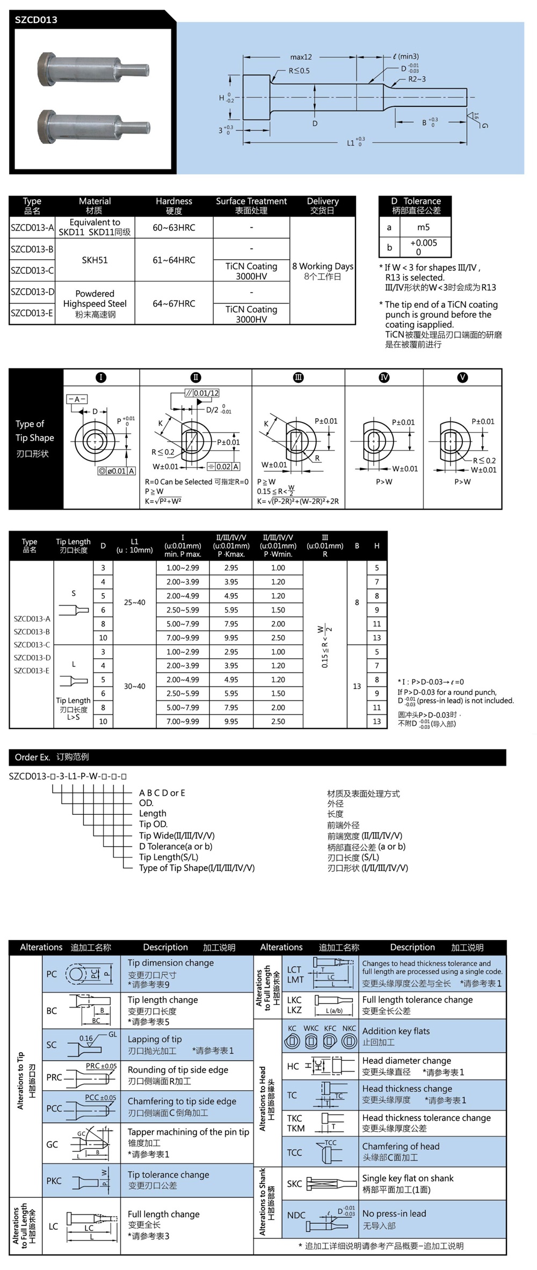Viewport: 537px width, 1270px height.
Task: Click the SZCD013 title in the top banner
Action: click(36, 20)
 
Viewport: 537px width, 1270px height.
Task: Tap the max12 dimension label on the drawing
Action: click(301, 57)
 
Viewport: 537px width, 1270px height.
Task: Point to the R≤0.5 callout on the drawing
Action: click(299, 71)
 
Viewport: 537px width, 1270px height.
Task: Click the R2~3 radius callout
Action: click(417, 79)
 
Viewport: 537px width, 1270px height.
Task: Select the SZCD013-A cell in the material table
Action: click(32, 228)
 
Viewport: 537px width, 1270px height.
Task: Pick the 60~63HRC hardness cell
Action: click(173, 228)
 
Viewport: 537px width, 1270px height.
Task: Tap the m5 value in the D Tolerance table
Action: click(423, 227)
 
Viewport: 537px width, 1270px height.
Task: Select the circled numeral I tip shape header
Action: click(101, 377)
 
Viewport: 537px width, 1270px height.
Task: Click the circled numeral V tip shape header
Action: click(462, 377)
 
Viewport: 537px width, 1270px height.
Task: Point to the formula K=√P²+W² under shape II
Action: click(163, 501)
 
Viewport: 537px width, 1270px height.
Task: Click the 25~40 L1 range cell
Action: click(134, 602)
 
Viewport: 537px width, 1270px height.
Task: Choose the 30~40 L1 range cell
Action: click(134, 686)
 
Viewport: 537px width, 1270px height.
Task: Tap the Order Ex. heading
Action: click(33, 757)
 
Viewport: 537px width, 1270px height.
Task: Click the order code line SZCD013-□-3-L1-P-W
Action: click(68, 776)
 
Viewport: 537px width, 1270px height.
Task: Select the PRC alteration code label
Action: click(54, 1077)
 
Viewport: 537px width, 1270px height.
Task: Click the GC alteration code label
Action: click(52, 1144)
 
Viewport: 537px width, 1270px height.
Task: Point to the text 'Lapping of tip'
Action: click(155, 1039)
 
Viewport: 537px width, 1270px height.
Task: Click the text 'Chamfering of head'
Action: click(401, 1145)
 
